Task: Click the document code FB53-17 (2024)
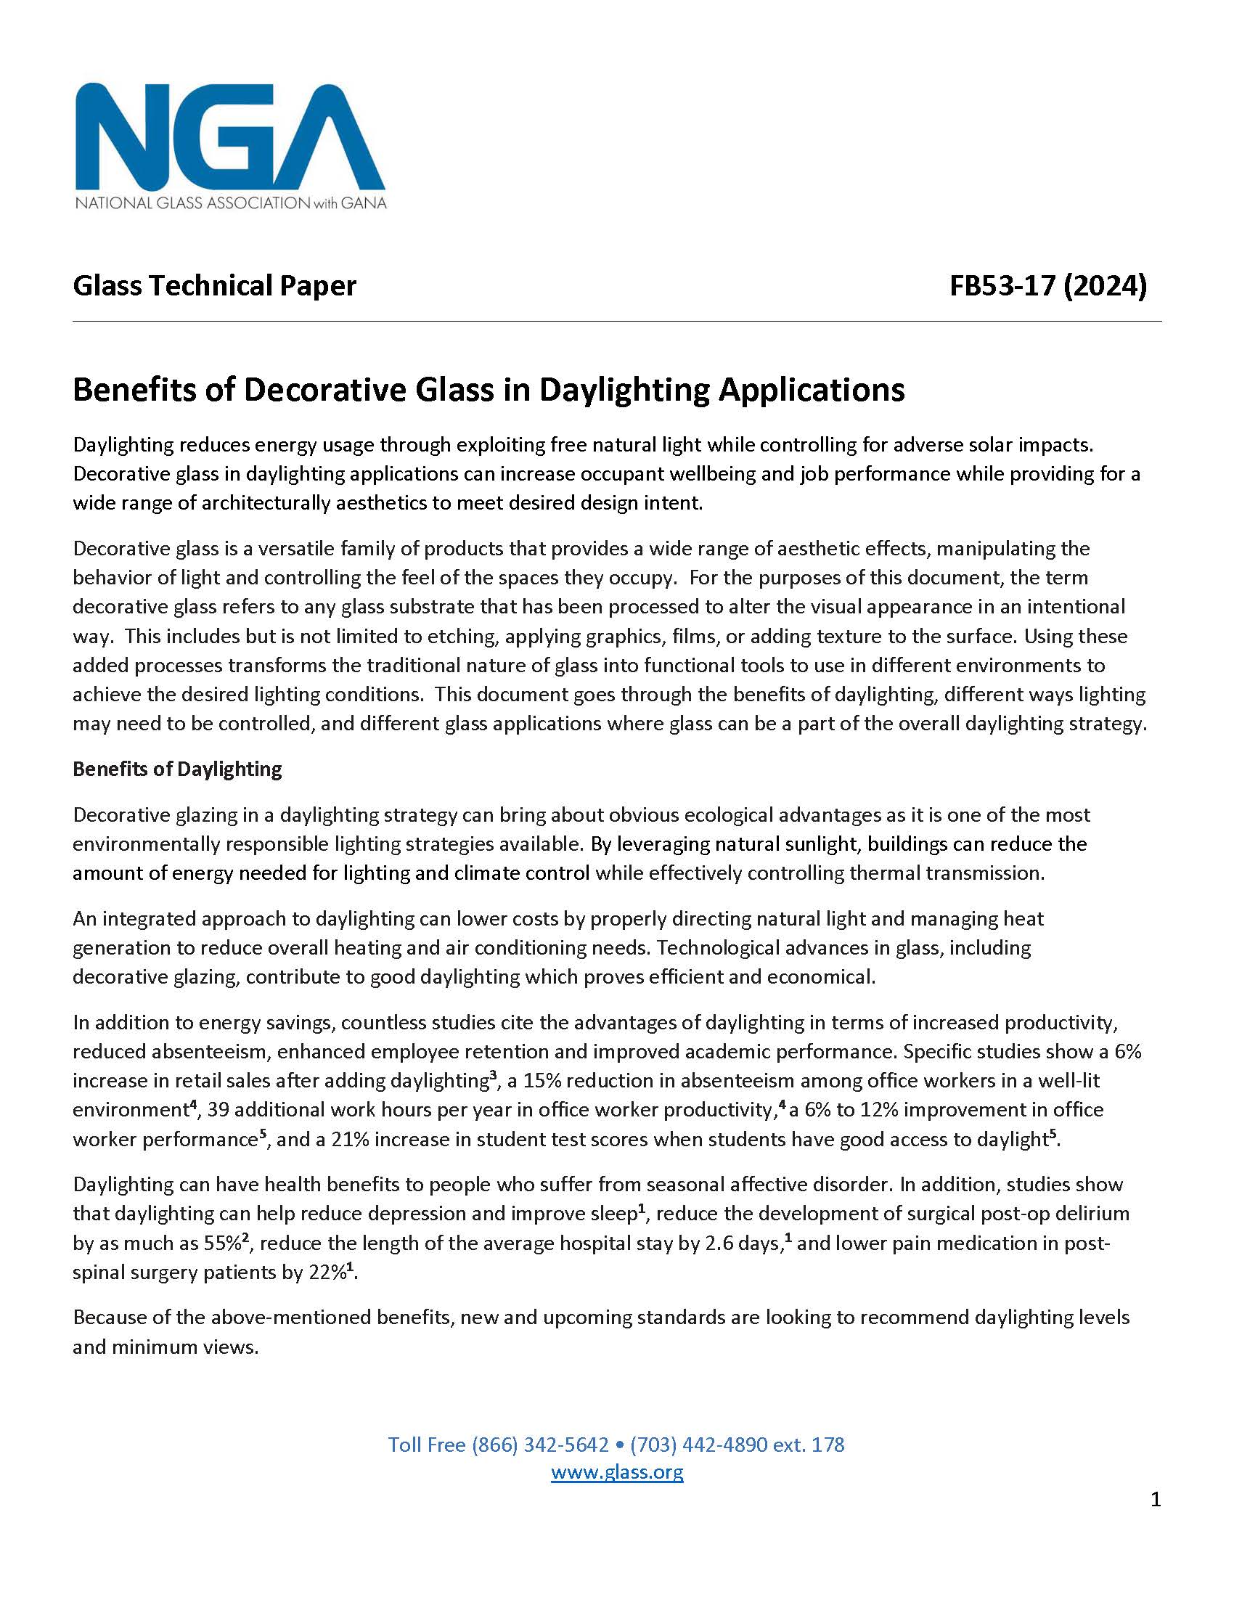(1047, 285)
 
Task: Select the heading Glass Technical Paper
(214, 285)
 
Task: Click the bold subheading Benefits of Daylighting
(177, 769)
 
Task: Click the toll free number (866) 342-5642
(539, 1444)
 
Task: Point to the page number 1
(1155, 1500)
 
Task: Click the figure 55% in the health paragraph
(219, 1243)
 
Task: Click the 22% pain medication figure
(325, 1273)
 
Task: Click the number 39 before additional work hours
(218, 1110)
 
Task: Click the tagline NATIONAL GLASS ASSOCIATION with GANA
(230, 203)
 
